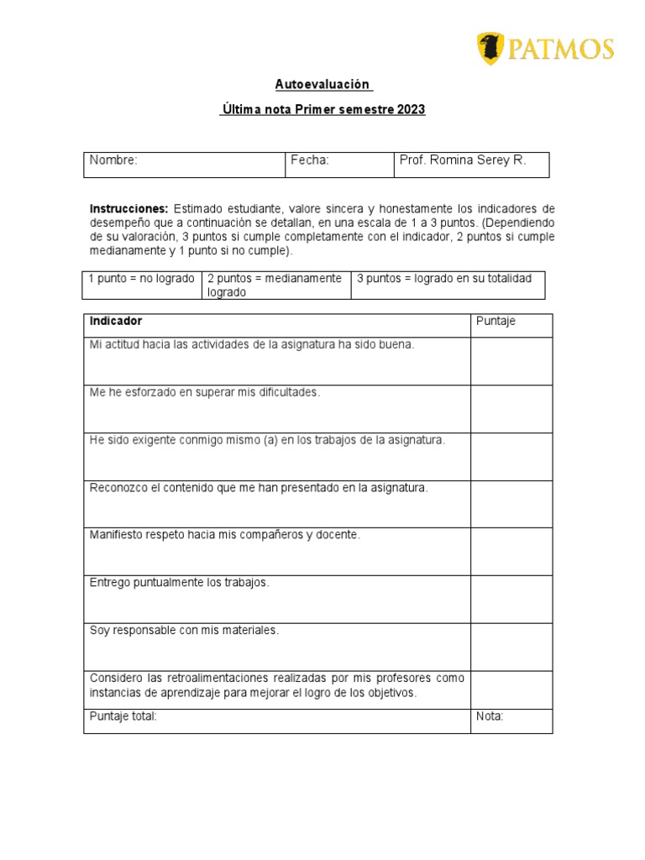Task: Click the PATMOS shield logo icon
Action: click(490, 49)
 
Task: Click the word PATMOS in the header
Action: click(560, 50)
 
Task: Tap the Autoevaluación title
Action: click(322, 84)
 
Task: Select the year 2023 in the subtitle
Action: click(412, 110)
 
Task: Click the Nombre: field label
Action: click(113, 160)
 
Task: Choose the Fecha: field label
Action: click(310, 160)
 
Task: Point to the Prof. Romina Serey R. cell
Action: click(463, 160)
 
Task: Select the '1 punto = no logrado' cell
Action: click(141, 279)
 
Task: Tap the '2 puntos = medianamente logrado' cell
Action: click(275, 286)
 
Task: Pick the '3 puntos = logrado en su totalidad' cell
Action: click(444, 279)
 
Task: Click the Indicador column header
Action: click(116, 322)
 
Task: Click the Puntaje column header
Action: click(496, 322)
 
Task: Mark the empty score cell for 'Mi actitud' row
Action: click(511, 361)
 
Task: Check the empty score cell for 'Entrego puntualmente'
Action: click(511, 599)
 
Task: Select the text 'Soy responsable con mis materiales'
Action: click(184, 630)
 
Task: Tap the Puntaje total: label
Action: click(123, 716)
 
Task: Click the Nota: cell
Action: click(490, 716)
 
